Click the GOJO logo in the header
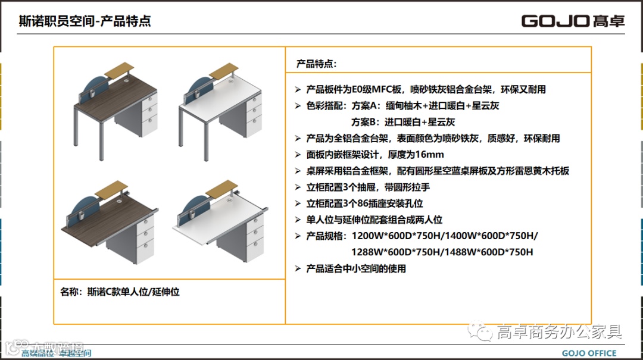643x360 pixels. point(573,21)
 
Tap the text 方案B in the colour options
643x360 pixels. point(365,122)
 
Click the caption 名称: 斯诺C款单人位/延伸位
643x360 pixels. point(120,292)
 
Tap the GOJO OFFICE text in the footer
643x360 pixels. point(589,353)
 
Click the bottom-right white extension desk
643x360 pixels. point(220,223)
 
